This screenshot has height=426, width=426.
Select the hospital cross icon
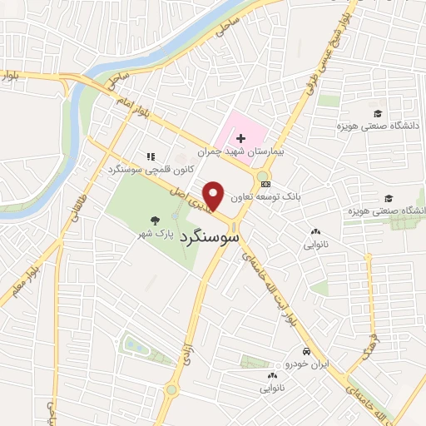[240, 137]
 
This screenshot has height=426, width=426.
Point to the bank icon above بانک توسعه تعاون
[265, 184]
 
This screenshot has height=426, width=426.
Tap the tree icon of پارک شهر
[155, 220]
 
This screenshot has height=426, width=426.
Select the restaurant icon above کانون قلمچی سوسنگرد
[151, 156]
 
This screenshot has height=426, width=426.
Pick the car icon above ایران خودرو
[307, 352]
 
